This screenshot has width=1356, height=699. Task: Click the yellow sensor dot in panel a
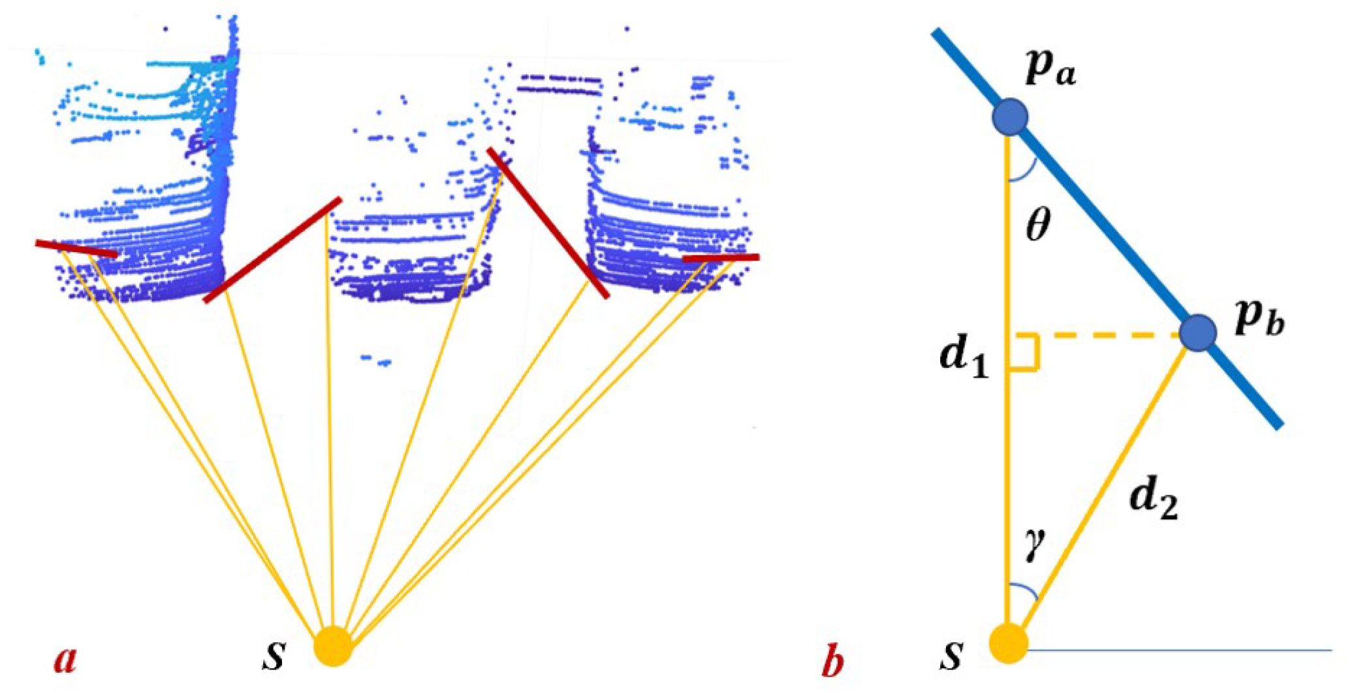click(333, 645)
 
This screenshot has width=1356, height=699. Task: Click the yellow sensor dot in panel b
click(1009, 643)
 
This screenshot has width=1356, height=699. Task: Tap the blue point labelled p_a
click(1010, 118)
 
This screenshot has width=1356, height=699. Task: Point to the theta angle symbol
click(1038, 226)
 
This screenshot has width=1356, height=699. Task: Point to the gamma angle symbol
click(1034, 544)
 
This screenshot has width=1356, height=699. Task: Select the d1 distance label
click(964, 359)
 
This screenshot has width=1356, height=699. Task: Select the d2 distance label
click(1154, 502)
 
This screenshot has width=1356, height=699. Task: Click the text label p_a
click(1050, 69)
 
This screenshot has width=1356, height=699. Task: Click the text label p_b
click(1259, 320)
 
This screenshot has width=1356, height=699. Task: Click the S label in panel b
click(952, 656)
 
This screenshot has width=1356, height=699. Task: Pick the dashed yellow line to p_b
click(1110, 336)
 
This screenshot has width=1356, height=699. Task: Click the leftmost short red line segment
click(76, 249)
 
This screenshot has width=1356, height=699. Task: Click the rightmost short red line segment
click(721, 258)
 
